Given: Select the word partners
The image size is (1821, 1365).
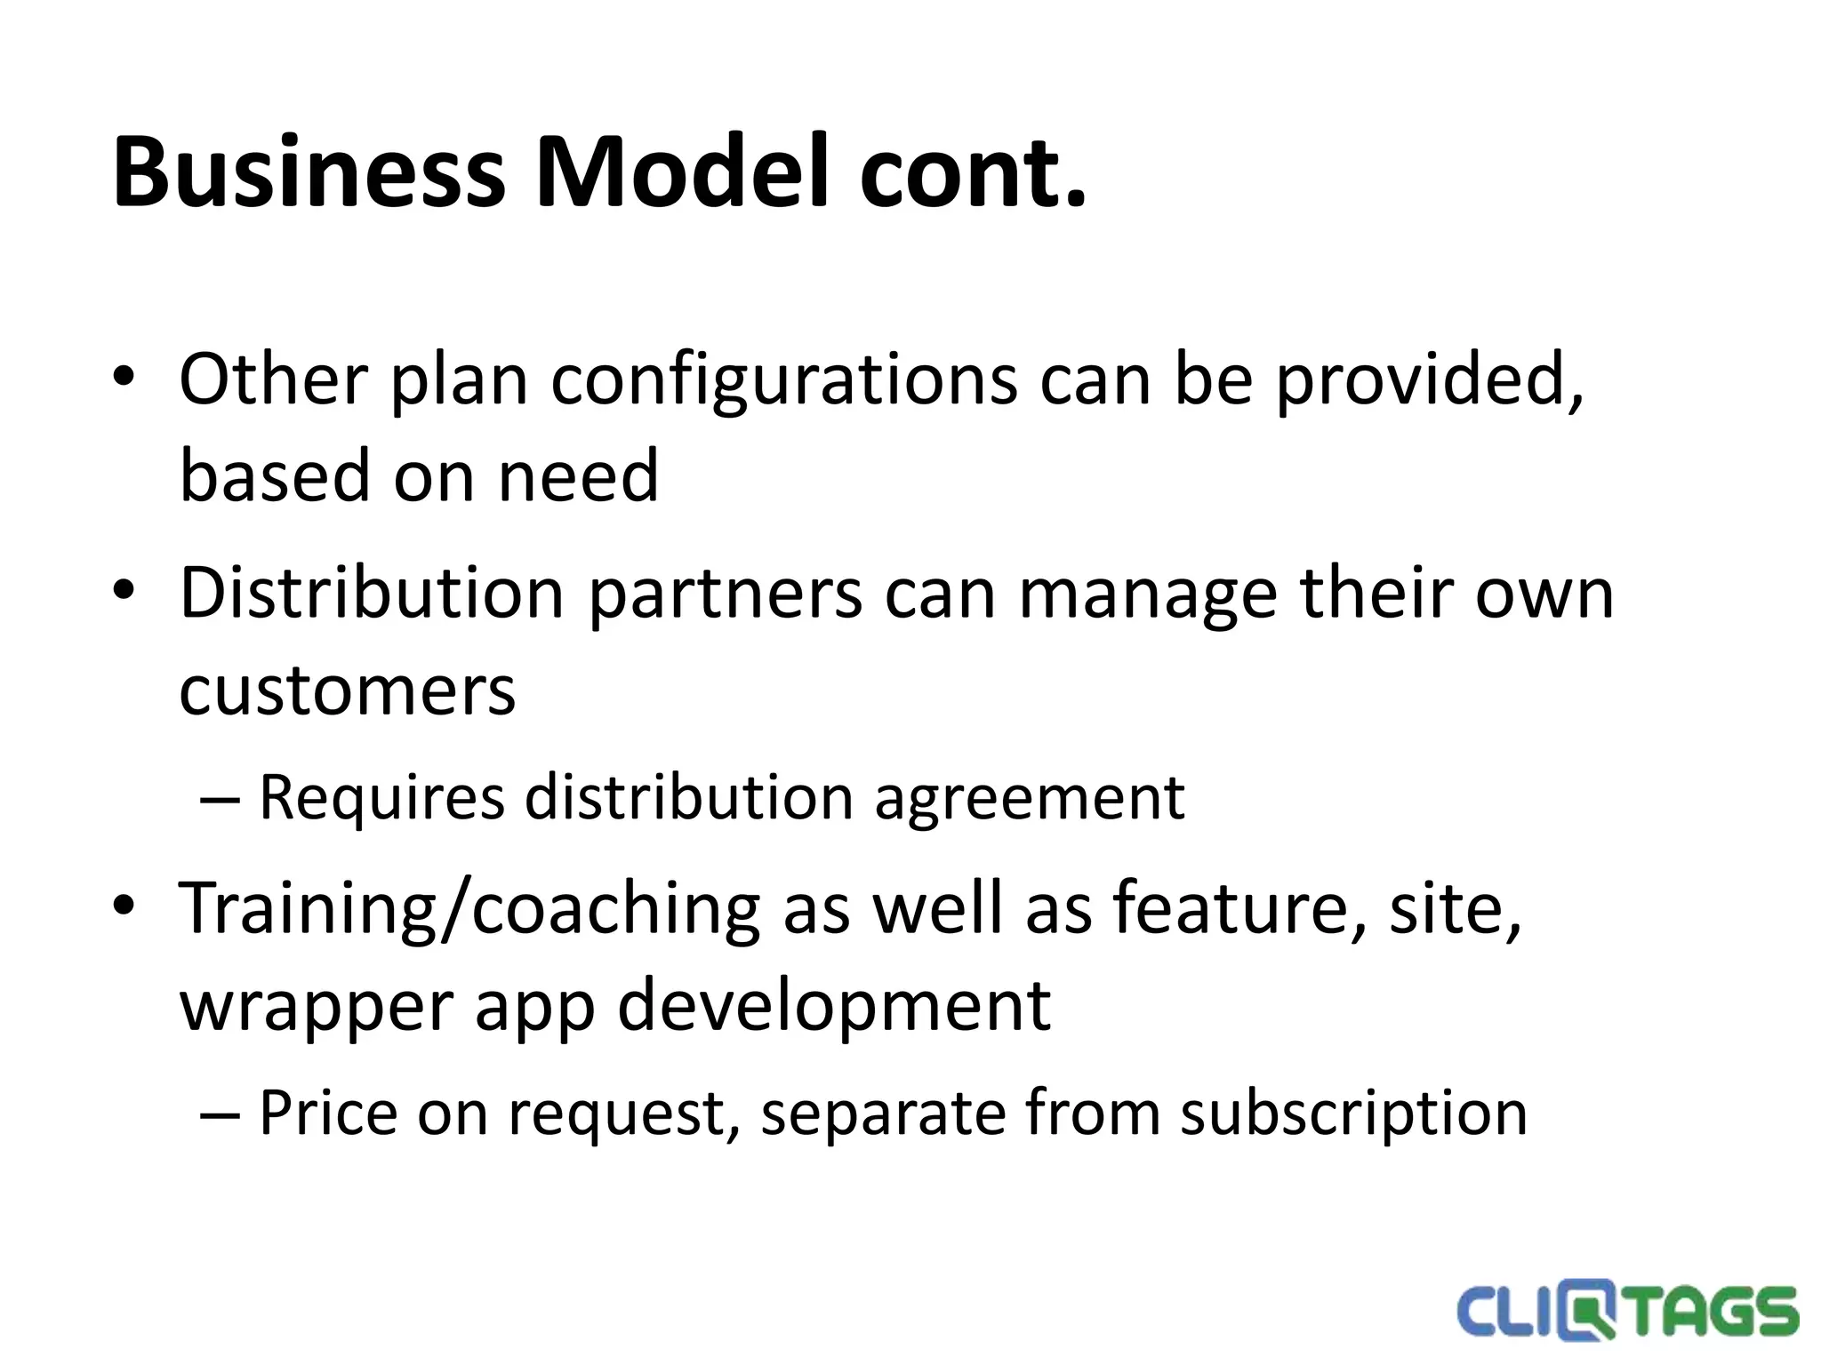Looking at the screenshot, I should pyautogui.click(x=726, y=594).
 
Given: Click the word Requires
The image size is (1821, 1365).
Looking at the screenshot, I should pyautogui.click(x=381, y=798).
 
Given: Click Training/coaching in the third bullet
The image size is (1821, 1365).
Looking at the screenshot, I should pyautogui.click(x=469, y=908).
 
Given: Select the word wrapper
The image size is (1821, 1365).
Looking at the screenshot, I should pyautogui.click(x=315, y=1006).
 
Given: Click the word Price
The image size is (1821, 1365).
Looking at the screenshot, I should pyautogui.click(x=328, y=1113).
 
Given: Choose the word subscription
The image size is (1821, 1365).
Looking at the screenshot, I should pyautogui.click(x=1353, y=1113).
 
